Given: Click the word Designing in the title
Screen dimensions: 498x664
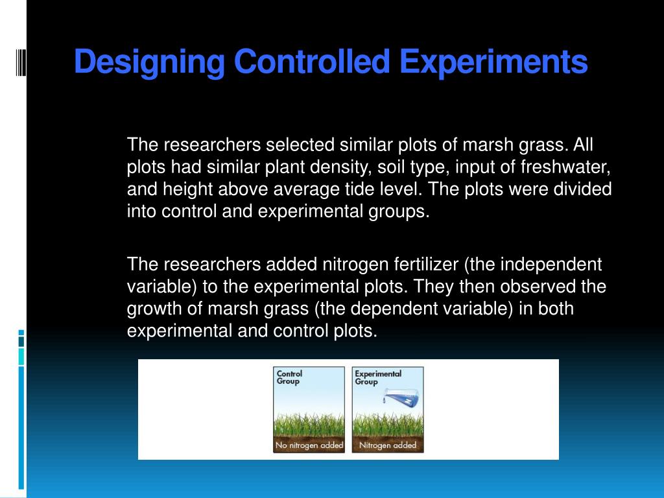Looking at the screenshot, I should click(149, 63).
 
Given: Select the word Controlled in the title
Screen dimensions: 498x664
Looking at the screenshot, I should click(312, 62).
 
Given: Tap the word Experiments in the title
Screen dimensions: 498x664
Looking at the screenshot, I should click(493, 63).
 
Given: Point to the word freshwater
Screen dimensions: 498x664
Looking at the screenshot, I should click(565, 167).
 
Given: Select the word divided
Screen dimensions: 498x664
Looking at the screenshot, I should click(582, 189).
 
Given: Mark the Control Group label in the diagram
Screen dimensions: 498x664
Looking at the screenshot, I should click(289, 377).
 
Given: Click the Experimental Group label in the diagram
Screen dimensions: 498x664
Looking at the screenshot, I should click(377, 377).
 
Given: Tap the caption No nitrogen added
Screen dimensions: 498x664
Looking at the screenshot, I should click(309, 445).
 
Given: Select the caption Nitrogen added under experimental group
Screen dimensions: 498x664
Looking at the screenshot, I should click(388, 445).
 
